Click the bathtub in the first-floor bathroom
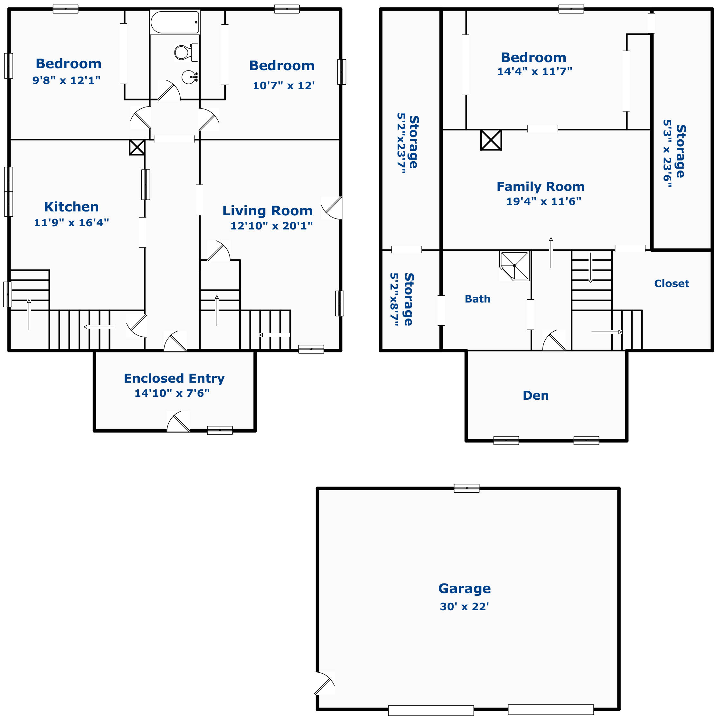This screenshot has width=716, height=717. pyautogui.click(x=175, y=22)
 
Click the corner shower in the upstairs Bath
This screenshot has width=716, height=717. pyautogui.click(x=514, y=266)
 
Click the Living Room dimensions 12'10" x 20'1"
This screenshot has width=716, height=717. pyautogui.click(x=271, y=226)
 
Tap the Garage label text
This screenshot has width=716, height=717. pyautogui.click(x=464, y=589)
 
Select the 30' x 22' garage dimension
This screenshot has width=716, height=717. pyautogui.click(x=464, y=607)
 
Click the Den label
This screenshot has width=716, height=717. pyautogui.click(x=536, y=395)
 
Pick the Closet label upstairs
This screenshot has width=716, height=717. pyautogui.click(x=672, y=284)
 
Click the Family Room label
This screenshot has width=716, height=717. pyautogui.click(x=541, y=186)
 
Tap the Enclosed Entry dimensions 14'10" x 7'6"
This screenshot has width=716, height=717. pyautogui.click(x=172, y=393)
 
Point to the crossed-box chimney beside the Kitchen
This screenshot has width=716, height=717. pyautogui.click(x=137, y=147)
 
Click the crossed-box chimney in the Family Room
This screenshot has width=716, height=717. pyautogui.click(x=491, y=140)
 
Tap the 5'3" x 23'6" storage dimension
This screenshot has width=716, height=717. pyautogui.click(x=667, y=153)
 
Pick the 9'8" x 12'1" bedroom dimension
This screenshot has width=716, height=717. pyautogui.click(x=66, y=80)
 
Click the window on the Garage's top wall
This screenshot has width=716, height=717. pyautogui.click(x=466, y=489)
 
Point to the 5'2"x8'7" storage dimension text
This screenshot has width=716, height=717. pyautogui.click(x=394, y=300)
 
